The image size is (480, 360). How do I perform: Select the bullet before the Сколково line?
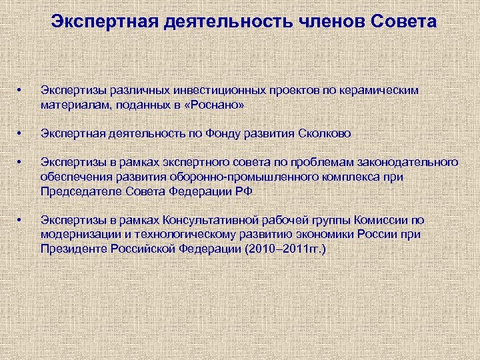pos(21,133)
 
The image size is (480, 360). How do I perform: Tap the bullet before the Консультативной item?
pos(21,220)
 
